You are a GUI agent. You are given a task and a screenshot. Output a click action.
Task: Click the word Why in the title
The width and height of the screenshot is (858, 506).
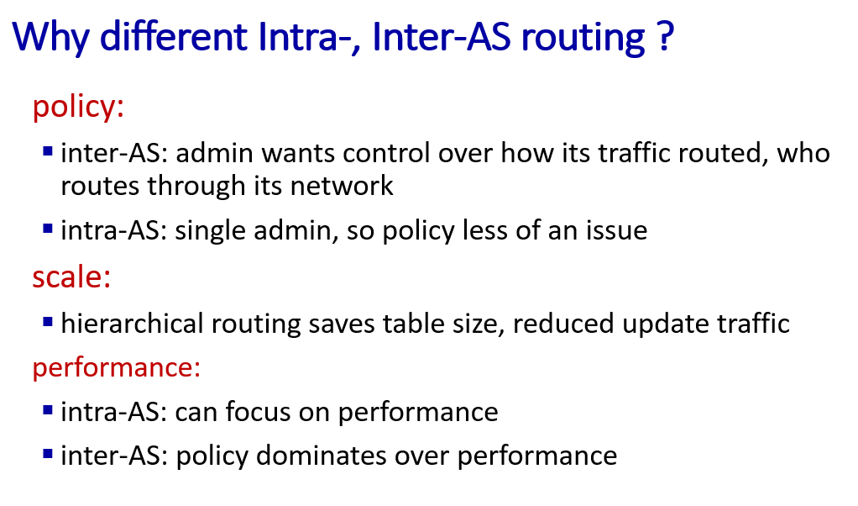coord(50,38)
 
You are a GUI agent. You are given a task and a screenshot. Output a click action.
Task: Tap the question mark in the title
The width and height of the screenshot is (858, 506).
coord(664,36)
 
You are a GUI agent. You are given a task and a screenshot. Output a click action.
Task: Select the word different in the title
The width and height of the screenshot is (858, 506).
coord(174,36)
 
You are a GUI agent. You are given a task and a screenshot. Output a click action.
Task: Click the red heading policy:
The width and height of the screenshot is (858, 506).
coord(78,106)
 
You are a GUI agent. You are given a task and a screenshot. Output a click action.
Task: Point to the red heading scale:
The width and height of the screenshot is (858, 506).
coord(71,277)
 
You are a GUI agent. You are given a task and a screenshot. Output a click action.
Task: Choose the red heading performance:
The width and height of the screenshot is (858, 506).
coord(117,367)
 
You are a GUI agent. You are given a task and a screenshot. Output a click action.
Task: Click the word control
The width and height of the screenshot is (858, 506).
coord(386,153)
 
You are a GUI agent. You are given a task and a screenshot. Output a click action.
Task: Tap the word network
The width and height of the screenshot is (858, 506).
coord(342,186)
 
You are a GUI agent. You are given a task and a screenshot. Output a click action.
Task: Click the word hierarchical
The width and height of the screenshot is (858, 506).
coord(132,323)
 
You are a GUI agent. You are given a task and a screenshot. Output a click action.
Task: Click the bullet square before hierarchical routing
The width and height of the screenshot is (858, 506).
coord(48,322)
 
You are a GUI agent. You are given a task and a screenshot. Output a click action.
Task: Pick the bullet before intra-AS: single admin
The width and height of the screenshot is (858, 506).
coord(48,229)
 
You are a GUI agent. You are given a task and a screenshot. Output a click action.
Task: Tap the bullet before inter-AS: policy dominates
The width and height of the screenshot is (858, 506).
coord(48,454)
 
